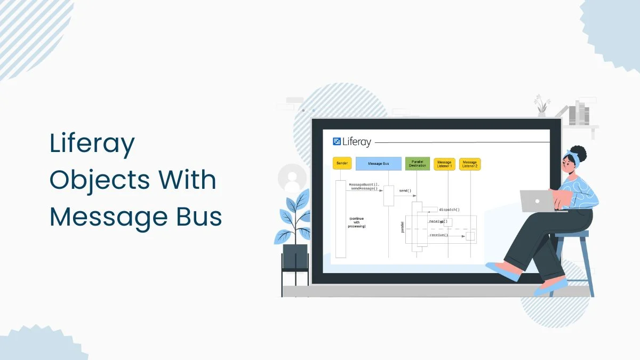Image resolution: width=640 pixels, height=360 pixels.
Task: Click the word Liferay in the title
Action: point(92,144)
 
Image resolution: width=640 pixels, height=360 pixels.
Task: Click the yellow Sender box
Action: point(342,163)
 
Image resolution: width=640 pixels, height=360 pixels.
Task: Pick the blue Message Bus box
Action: point(378,163)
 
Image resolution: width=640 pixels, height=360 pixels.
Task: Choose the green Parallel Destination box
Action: point(417,163)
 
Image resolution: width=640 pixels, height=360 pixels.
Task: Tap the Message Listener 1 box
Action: point(444,164)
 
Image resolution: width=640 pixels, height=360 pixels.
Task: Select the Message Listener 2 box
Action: point(469,164)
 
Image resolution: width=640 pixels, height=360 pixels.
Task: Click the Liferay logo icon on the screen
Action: point(337,141)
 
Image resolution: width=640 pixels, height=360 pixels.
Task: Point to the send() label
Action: point(405,190)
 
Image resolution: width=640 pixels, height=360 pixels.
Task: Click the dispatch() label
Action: point(449,210)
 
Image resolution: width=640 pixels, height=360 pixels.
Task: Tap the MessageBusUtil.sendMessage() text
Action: point(364,187)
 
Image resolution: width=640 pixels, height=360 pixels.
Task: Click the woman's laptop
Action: point(536,201)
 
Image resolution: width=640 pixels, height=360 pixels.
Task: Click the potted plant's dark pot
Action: point(295,257)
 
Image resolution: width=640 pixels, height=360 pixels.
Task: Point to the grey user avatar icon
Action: point(292,178)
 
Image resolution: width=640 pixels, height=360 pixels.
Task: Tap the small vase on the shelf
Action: point(542,113)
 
